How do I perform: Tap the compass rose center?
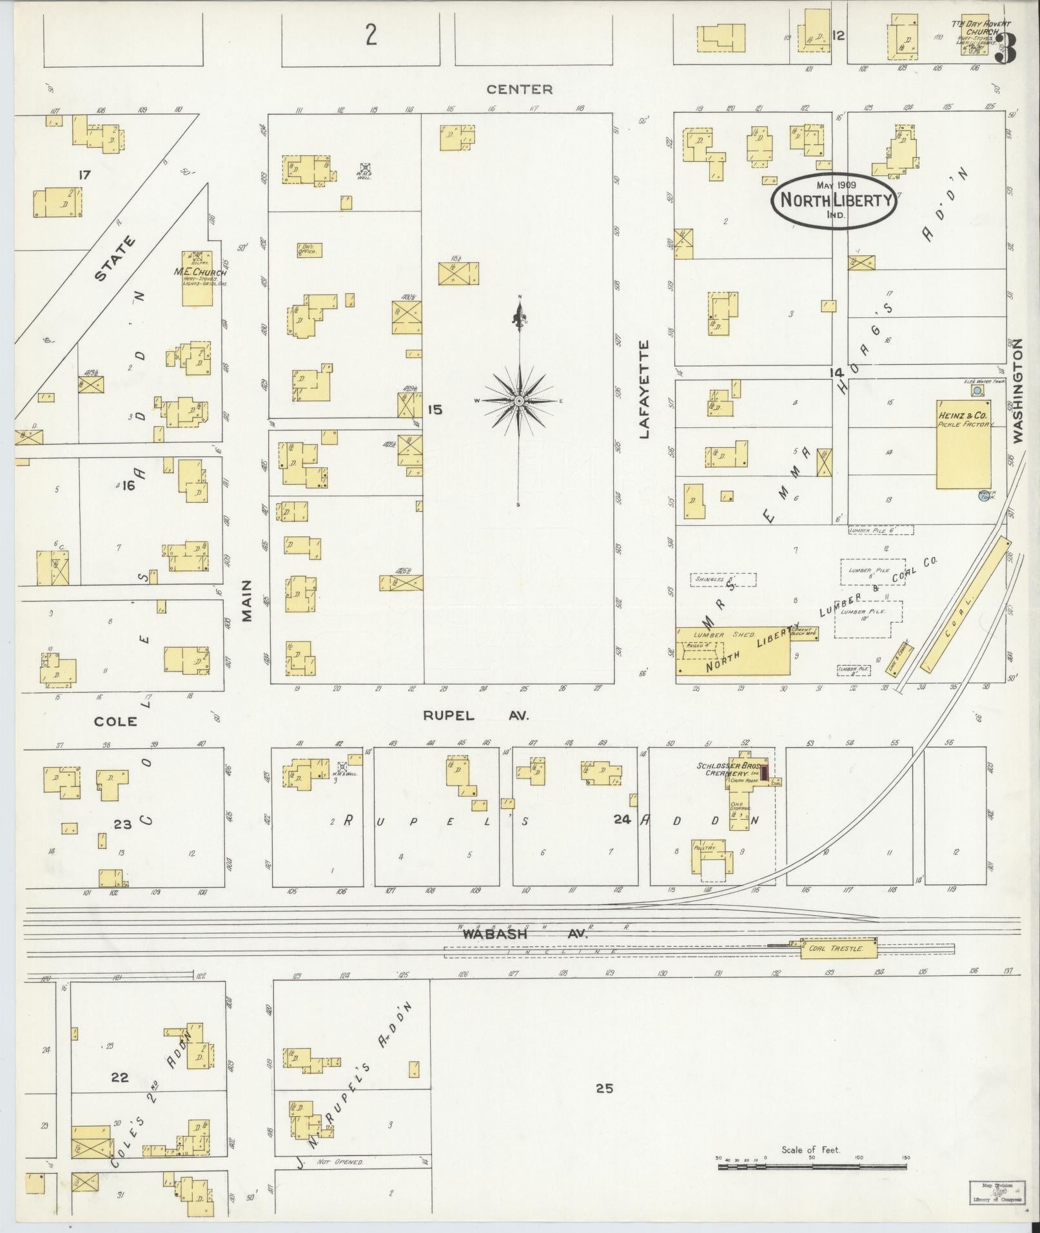519,401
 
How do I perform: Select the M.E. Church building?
197,278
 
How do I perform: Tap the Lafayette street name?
643,390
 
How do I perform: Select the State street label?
115,258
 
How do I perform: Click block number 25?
603,1089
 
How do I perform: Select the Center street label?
519,89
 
